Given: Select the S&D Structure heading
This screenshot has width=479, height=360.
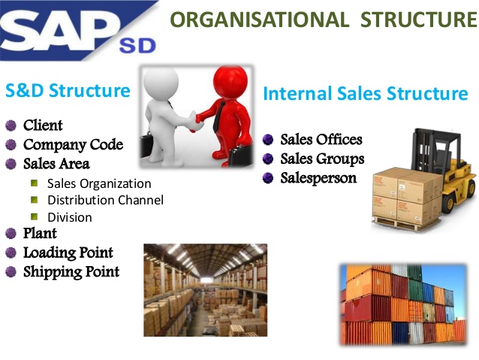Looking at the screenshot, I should [68, 91].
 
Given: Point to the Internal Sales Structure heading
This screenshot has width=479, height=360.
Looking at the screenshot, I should [366, 94].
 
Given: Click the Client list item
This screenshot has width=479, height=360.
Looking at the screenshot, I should [43, 125].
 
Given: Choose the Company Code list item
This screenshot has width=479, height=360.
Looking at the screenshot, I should [73, 144].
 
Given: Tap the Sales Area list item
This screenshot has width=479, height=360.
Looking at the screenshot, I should [56, 163].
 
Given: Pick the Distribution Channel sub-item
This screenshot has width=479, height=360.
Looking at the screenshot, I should [105, 200].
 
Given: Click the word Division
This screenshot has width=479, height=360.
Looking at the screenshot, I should [70, 217].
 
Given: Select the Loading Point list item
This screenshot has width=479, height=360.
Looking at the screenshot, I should [68, 253].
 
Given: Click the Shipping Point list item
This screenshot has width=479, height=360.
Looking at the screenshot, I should [71, 271].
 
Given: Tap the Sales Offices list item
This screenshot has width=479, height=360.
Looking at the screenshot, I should [321, 140].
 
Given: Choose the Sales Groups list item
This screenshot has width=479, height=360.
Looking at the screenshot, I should [322, 159].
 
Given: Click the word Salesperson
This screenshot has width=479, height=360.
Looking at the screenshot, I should [318, 178].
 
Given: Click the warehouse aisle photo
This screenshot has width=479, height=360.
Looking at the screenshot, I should [205, 289].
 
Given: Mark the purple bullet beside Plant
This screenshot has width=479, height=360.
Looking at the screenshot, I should [11, 234].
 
